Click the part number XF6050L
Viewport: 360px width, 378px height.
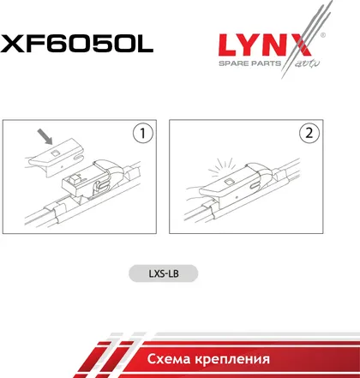[76, 44]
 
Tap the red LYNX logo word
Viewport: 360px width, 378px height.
[265, 45]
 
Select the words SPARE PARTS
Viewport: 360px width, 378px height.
[249, 63]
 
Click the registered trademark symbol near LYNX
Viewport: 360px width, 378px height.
[322, 35]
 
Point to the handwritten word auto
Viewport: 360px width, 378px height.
[307, 63]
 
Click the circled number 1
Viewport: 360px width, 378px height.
[142, 133]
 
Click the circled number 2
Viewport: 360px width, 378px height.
[309, 133]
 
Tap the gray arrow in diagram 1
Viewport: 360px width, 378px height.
[45, 136]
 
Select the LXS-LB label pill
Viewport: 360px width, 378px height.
[164, 273]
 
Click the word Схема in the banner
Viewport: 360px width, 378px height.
[169, 359]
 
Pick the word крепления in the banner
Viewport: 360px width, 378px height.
[232, 360]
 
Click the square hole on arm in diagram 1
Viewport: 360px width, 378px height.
[54, 153]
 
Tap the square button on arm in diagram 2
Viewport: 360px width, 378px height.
[230, 182]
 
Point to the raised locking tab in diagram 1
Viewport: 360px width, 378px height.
[75, 178]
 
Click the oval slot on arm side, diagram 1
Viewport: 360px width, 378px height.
[78, 158]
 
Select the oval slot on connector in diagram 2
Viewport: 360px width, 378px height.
[255, 186]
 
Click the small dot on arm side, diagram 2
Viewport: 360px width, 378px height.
[237, 197]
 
